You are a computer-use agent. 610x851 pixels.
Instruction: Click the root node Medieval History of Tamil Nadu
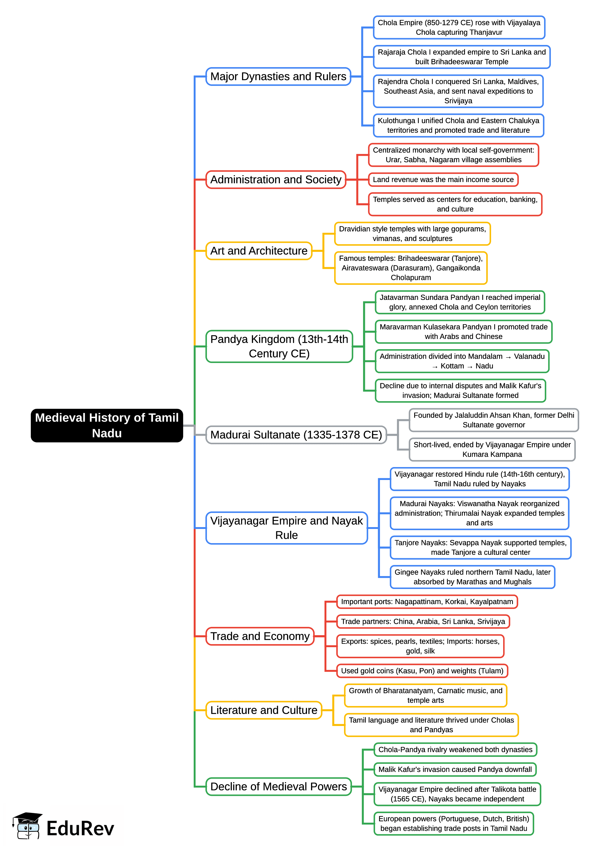(x=107, y=425)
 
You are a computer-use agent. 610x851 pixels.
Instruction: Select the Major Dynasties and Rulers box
(x=278, y=77)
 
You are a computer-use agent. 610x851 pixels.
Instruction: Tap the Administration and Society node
(x=276, y=179)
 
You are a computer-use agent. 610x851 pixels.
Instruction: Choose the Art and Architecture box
(x=259, y=251)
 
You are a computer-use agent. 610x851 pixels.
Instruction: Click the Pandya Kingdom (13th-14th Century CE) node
(x=279, y=346)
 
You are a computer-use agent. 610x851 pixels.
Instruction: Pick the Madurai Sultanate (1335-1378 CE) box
(x=296, y=434)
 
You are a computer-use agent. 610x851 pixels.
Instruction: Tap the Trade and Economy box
(x=260, y=636)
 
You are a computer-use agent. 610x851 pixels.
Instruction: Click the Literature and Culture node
(x=264, y=710)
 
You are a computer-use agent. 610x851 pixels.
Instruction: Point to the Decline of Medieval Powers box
(x=278, y=786)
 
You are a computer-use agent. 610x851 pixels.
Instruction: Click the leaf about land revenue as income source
(x=443, y=179)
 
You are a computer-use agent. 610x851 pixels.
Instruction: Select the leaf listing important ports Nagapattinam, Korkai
(x=427, y=602)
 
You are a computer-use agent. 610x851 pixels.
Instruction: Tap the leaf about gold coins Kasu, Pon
(x=422, y=671)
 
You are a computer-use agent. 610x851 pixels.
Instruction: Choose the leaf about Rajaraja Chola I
(x=462, y=57)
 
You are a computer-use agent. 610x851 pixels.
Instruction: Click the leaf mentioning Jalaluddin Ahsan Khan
(x=494, y=420)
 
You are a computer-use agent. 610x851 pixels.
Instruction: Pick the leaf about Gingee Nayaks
(x=472, y=577)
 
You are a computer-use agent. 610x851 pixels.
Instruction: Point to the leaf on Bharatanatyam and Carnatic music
(x=426, y=695)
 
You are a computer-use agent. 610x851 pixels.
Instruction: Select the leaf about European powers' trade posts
(x=454, y=823)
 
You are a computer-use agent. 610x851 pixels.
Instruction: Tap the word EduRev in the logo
(x=80, y=829)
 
